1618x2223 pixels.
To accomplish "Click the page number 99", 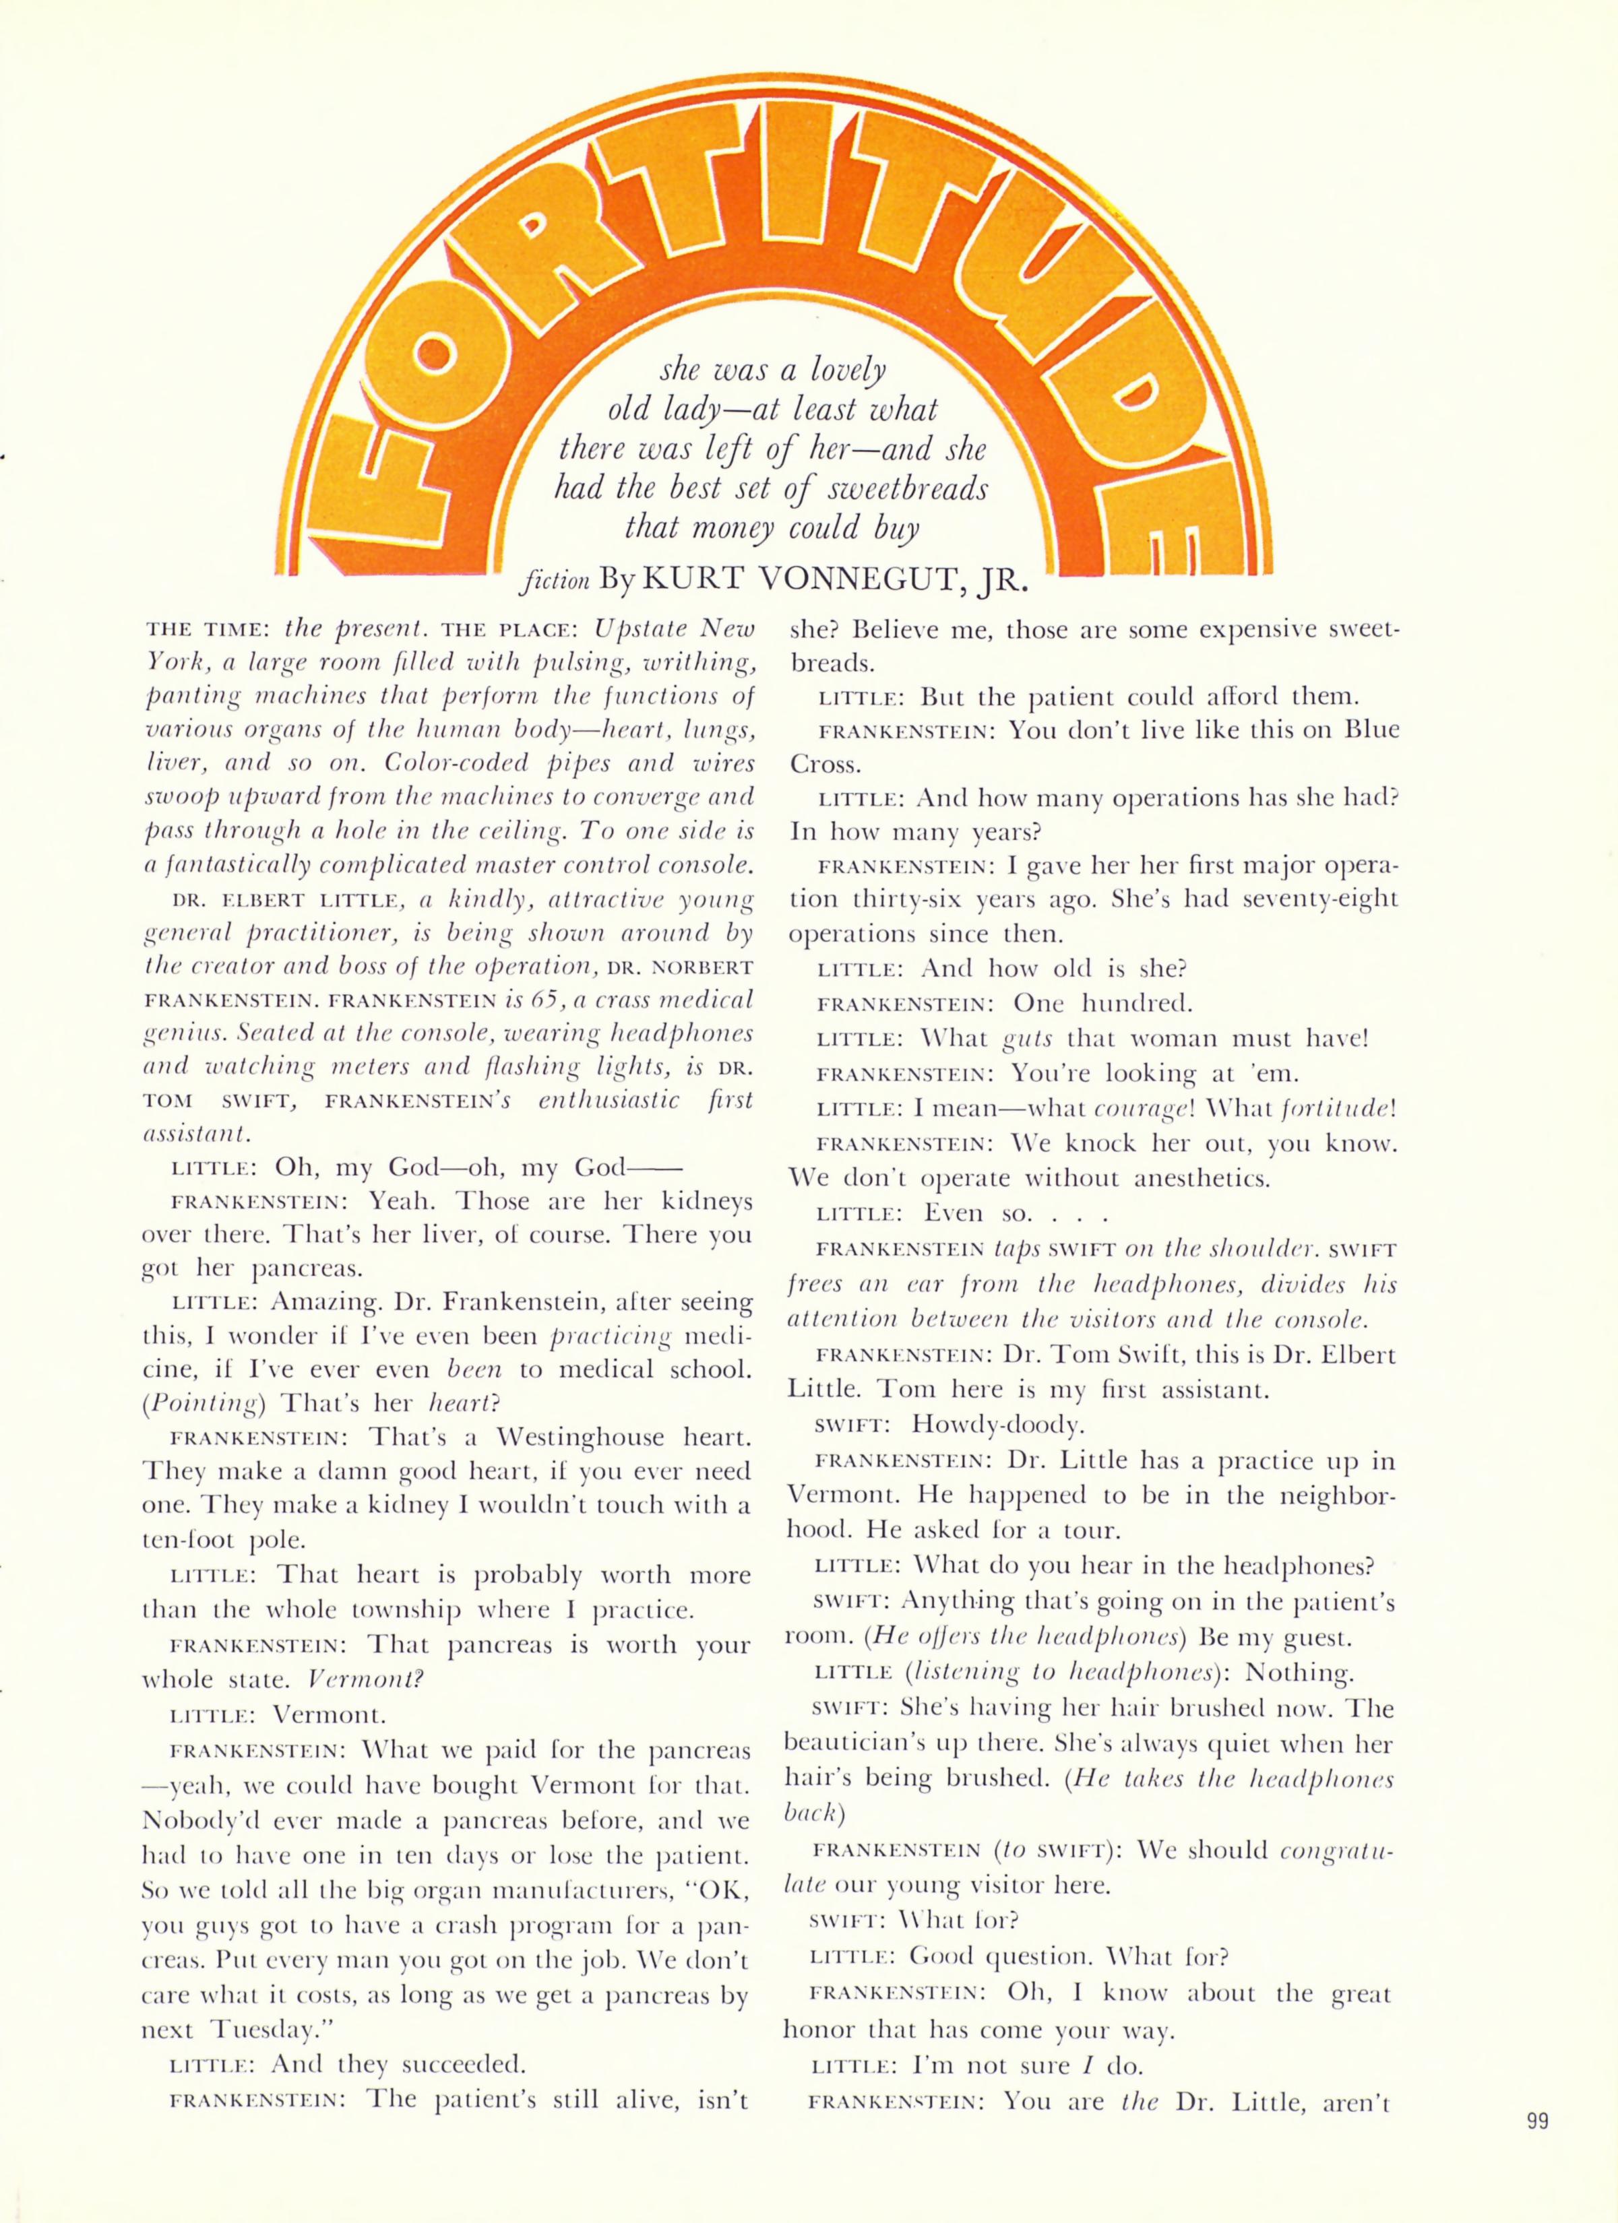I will pos(1536,2143).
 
